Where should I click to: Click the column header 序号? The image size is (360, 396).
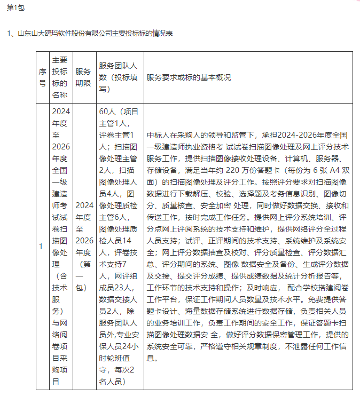(x=43, y=77)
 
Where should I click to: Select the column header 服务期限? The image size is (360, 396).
(x=83, y=77)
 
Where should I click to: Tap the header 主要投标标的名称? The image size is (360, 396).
(x=60, y=77)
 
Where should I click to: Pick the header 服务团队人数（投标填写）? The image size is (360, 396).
(x=119, y=77)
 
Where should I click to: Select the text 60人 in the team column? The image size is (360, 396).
(x=108, y=112)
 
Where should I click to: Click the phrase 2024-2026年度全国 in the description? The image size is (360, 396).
(x=315, y=135)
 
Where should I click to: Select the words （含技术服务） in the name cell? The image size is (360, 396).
(x=60, y=299)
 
